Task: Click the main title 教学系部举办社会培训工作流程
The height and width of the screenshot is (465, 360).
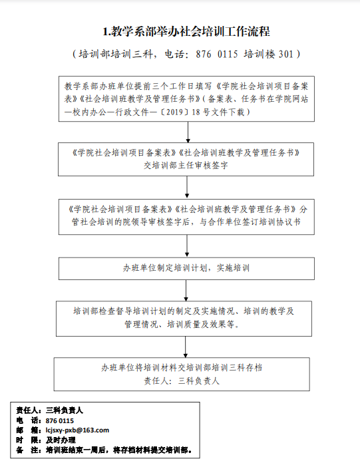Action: pos(186,31)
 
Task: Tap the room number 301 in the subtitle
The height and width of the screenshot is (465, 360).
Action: pos(286,55)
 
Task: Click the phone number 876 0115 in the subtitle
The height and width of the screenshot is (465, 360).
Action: pos(217,55)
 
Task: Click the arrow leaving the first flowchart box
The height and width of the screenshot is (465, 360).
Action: pos(188,132)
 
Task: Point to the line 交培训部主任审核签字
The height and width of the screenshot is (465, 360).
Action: pos(186,165)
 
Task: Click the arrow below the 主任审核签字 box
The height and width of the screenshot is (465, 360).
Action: pos(187,187)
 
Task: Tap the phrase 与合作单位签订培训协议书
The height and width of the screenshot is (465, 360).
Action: pos(250,222)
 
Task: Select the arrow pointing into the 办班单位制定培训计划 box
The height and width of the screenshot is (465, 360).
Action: pos(187,246)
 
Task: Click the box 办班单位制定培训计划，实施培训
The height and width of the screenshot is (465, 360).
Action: pos(186,268)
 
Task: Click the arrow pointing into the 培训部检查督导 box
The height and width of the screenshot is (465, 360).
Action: pos(186,290)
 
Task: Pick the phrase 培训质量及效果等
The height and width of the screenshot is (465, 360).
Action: pos(204,325)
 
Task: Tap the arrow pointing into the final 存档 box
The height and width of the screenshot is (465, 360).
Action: pos(186,347)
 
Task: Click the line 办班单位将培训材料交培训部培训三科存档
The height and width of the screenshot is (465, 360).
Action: pos(182,368)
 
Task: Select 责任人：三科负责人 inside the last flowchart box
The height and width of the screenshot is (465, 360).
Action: pos(182,381)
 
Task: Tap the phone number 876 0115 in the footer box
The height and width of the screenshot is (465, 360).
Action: pos(60,421)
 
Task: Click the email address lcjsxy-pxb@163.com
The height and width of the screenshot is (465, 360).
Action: pos(77,430)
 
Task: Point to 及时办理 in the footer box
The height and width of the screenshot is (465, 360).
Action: pos(61,440)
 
